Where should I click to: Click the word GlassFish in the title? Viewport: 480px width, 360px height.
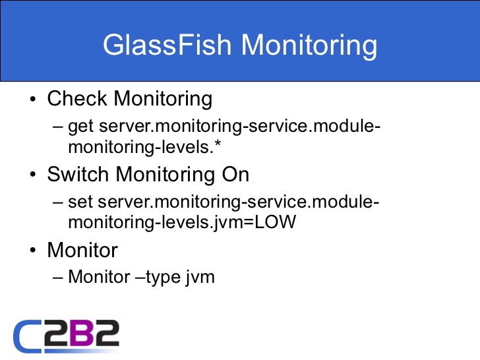pyautogui.click(x=167, y=46)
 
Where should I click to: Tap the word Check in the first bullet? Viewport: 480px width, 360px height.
pyautogui.click(x=77, y=99)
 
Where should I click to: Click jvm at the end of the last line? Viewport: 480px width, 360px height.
pyautogui.click(x=200, y=278)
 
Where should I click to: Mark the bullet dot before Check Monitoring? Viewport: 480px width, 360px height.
pyautogui.click(x=32, y=101)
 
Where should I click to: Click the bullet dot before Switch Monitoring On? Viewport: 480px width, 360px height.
pyautogui.click(x=32, y=176)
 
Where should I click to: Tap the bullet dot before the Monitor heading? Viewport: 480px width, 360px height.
pyautogui.click(x=32, y=252)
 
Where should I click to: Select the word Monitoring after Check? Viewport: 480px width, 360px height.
pyautogui.click(x=163, y=99)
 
